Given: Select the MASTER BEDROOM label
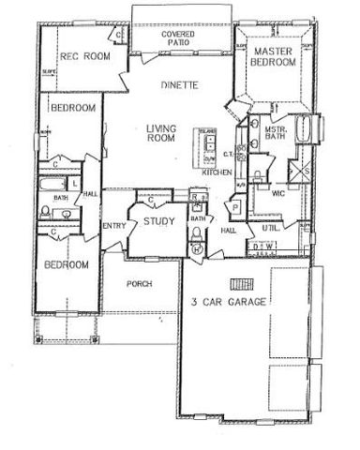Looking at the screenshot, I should tap(274, 55).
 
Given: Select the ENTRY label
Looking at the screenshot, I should tap(114, 224).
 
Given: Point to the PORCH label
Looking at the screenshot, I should tap(139, 283).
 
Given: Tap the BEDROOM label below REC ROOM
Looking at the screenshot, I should tap(71, 109).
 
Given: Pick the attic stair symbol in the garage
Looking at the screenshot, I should tap(241, 283).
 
